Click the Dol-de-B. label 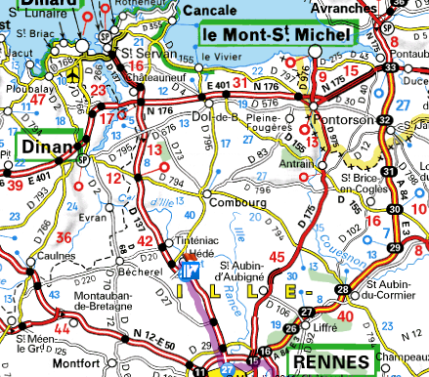(x=216, y=117)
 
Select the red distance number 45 (x=278, y=257)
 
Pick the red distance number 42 (x=145, y=242)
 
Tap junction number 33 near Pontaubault (x=390, y=67)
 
